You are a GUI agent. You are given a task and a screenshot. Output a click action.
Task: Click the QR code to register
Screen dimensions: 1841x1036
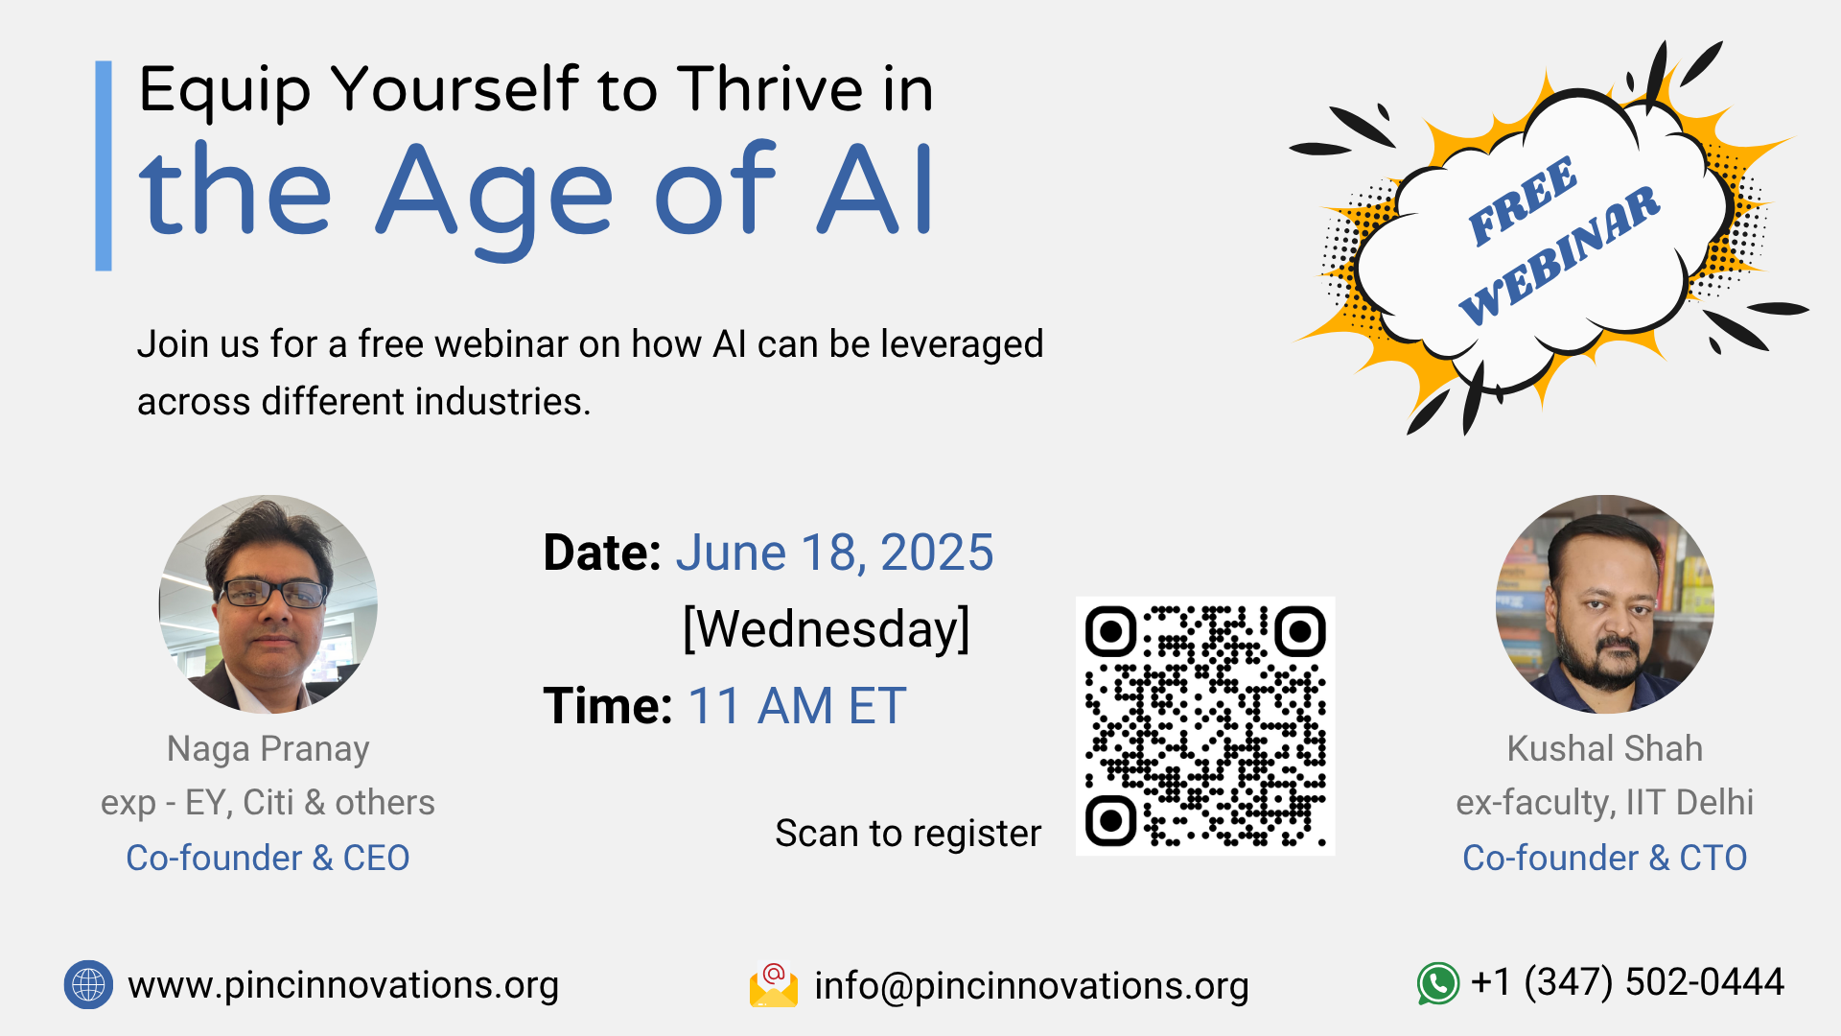coord(1205,726)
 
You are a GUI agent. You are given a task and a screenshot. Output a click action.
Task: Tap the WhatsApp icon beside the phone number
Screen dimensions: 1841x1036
coord(1438,984)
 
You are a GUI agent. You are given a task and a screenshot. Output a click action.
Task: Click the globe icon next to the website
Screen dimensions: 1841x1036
coord(88,984)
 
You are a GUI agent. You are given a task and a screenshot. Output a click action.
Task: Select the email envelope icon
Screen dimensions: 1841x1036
coord(774,985)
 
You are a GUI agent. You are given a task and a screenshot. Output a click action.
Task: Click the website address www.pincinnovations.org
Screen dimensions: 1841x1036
coord(343,986)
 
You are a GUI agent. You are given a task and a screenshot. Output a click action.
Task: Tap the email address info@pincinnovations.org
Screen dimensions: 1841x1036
coord(1032,987)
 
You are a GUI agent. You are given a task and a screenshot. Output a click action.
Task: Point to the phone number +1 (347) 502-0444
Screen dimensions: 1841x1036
coord(1627,982)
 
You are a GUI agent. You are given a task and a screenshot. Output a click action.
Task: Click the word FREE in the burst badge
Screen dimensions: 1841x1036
coord(1522,200)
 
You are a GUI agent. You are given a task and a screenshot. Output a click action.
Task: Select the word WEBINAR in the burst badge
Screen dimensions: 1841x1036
coord(1560,255)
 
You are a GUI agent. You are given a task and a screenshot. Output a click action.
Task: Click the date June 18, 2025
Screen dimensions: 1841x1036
coord(834,553)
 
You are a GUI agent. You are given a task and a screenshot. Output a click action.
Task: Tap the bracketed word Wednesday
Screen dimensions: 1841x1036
coord(827,630)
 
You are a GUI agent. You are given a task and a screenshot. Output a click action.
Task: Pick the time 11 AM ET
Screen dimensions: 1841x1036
coord(797,707)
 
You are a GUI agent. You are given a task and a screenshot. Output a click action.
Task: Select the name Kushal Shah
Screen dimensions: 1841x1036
coord(1605,749)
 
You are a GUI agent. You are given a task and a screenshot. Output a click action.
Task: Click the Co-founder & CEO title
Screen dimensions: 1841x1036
coord(268,859)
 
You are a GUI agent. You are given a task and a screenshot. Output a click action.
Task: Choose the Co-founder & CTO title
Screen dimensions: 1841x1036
coord(1605,859)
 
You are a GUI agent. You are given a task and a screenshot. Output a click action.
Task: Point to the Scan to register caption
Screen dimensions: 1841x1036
coord(908,834)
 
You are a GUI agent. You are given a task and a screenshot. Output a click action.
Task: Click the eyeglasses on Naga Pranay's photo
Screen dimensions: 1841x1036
coord(274,594)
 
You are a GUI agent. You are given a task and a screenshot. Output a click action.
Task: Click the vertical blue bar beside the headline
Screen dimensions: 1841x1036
coord(104,166)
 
